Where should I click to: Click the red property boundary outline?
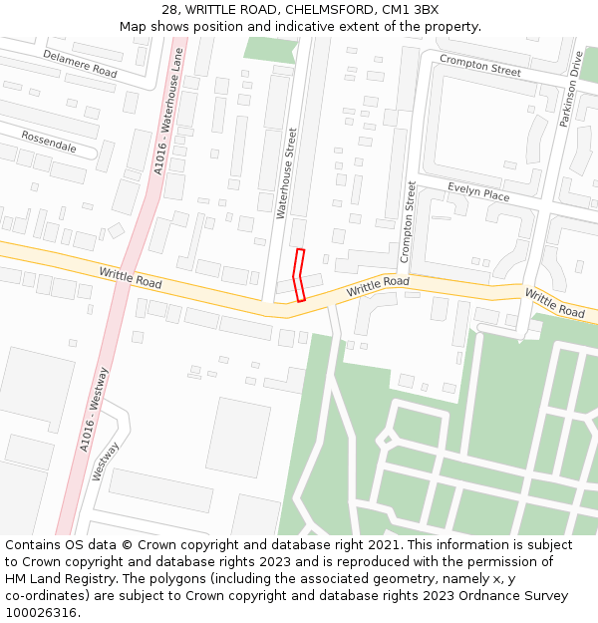299,274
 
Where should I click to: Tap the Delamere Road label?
80,64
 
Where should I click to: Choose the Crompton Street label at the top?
480,66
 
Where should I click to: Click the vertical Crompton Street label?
409,221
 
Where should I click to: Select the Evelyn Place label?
478,192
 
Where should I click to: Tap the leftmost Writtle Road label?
131,278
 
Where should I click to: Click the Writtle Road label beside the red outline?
378,287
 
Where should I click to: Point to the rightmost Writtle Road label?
554,304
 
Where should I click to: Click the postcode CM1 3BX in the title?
410,10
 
